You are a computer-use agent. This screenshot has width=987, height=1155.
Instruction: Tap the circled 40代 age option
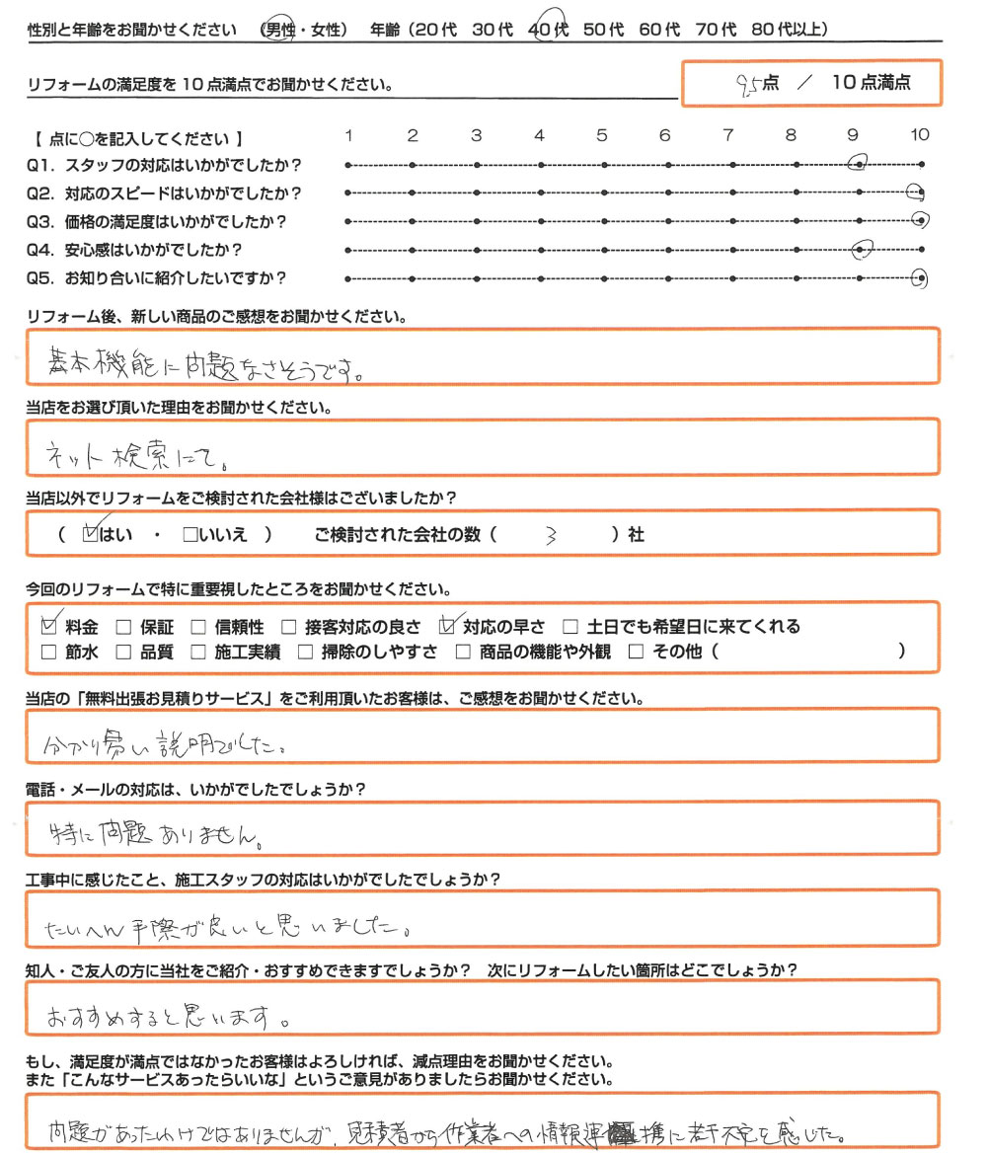[x=549, y=31]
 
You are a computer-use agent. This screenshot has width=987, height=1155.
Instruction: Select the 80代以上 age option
[x=789, y=31]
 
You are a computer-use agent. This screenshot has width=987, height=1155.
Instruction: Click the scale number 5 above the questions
[x=602, y=135]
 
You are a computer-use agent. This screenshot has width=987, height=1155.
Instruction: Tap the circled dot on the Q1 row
[x=859, y=163]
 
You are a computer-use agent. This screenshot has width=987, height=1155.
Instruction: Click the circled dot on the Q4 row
[x=862, y=250]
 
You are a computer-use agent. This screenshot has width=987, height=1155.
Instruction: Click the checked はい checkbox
[x=93, y=534]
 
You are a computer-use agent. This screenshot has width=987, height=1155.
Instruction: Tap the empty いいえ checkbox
[x=190, y=535]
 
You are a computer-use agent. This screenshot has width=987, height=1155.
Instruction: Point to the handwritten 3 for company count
[x=551, y=536]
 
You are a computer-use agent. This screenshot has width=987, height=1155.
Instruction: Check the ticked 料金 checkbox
[x=49, y=626]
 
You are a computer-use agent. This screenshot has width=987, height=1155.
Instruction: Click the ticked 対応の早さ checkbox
[x=452, y=626]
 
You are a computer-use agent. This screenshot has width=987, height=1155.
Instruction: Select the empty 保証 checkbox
[x=123, y=627]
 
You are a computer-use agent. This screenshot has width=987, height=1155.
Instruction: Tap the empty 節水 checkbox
[x=49, y=652]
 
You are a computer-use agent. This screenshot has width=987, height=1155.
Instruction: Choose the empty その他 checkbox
[x=636, y=652]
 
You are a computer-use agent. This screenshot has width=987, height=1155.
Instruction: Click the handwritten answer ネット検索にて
[x=137, y=456]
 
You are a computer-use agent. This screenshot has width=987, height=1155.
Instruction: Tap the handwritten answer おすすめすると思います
[x=168, y=1014]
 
